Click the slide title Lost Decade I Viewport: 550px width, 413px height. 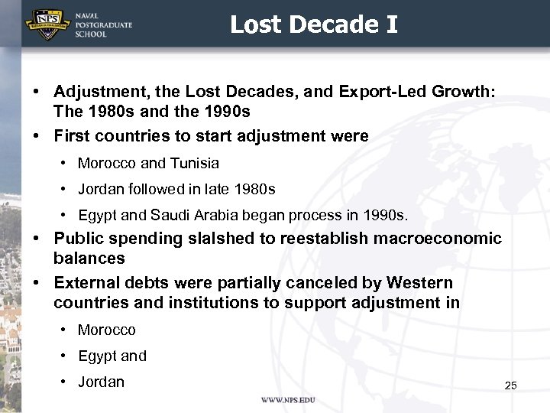tap(314, 25)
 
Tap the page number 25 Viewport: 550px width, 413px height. tap(510, 385)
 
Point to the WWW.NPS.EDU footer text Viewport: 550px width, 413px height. tap(288, 400)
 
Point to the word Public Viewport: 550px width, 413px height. tap(78, 238)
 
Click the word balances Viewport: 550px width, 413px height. tap(89, 258)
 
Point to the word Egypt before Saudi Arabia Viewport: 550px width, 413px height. tap(97, 214)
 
